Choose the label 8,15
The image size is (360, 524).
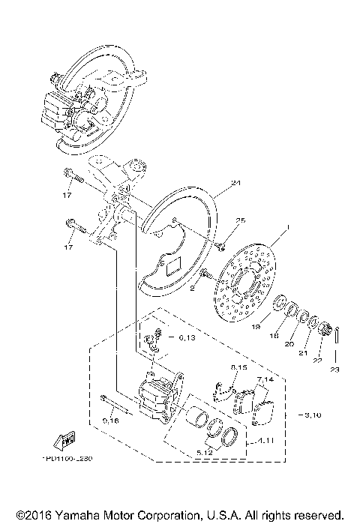coord(239,367)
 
